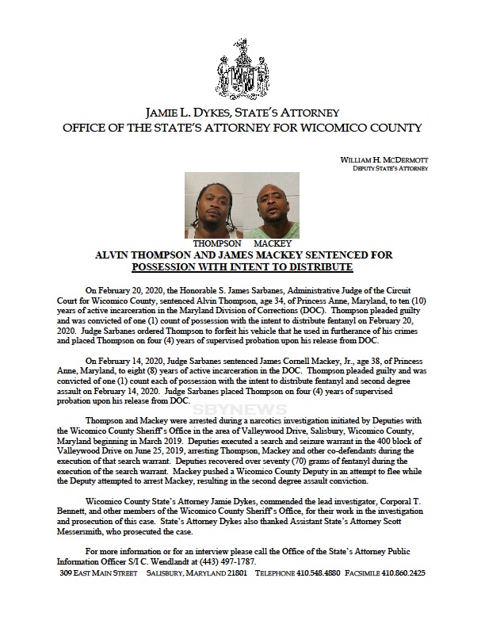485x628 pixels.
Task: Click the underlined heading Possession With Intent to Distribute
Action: tap(242, 268)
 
